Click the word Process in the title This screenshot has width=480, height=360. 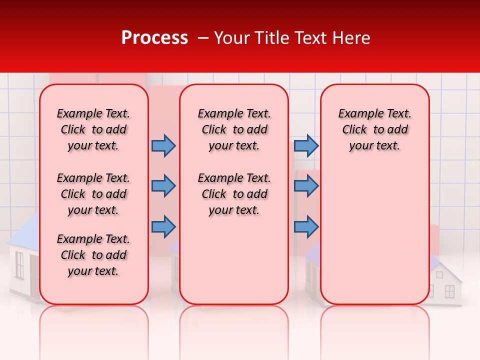pyautogui.click(x=154, y=38)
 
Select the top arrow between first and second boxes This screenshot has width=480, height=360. pyautogui.click(x=163, y=145)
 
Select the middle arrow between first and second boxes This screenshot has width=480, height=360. pyautogui.click(x=163, y=186)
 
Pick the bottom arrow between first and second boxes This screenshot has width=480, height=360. pyautogui.click(x=163, y=226)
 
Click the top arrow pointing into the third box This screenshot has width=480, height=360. pyautogui.click(x=306, y=145)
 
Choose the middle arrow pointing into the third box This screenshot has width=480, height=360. pyautogui.click(x=306, y=186)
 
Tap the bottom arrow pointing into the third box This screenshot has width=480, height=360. pyautogui.click(x=306, y=226)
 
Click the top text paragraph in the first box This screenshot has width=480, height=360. pyautogui.click(x=93, y=129)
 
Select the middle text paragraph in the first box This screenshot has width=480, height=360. pyautogui.click(x=93, y=194)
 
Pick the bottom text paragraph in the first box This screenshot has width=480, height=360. pyautogui.click(x=93, y=255)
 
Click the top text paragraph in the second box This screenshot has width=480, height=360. pyautogui.click(x=234, y=129)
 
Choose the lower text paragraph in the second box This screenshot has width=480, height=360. pyautogui.click(x=234, y=194)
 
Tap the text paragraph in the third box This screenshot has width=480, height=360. pyautogui.click(x=374, y=129)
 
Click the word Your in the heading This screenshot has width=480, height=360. pyautogui.click(x=231, y=38)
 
